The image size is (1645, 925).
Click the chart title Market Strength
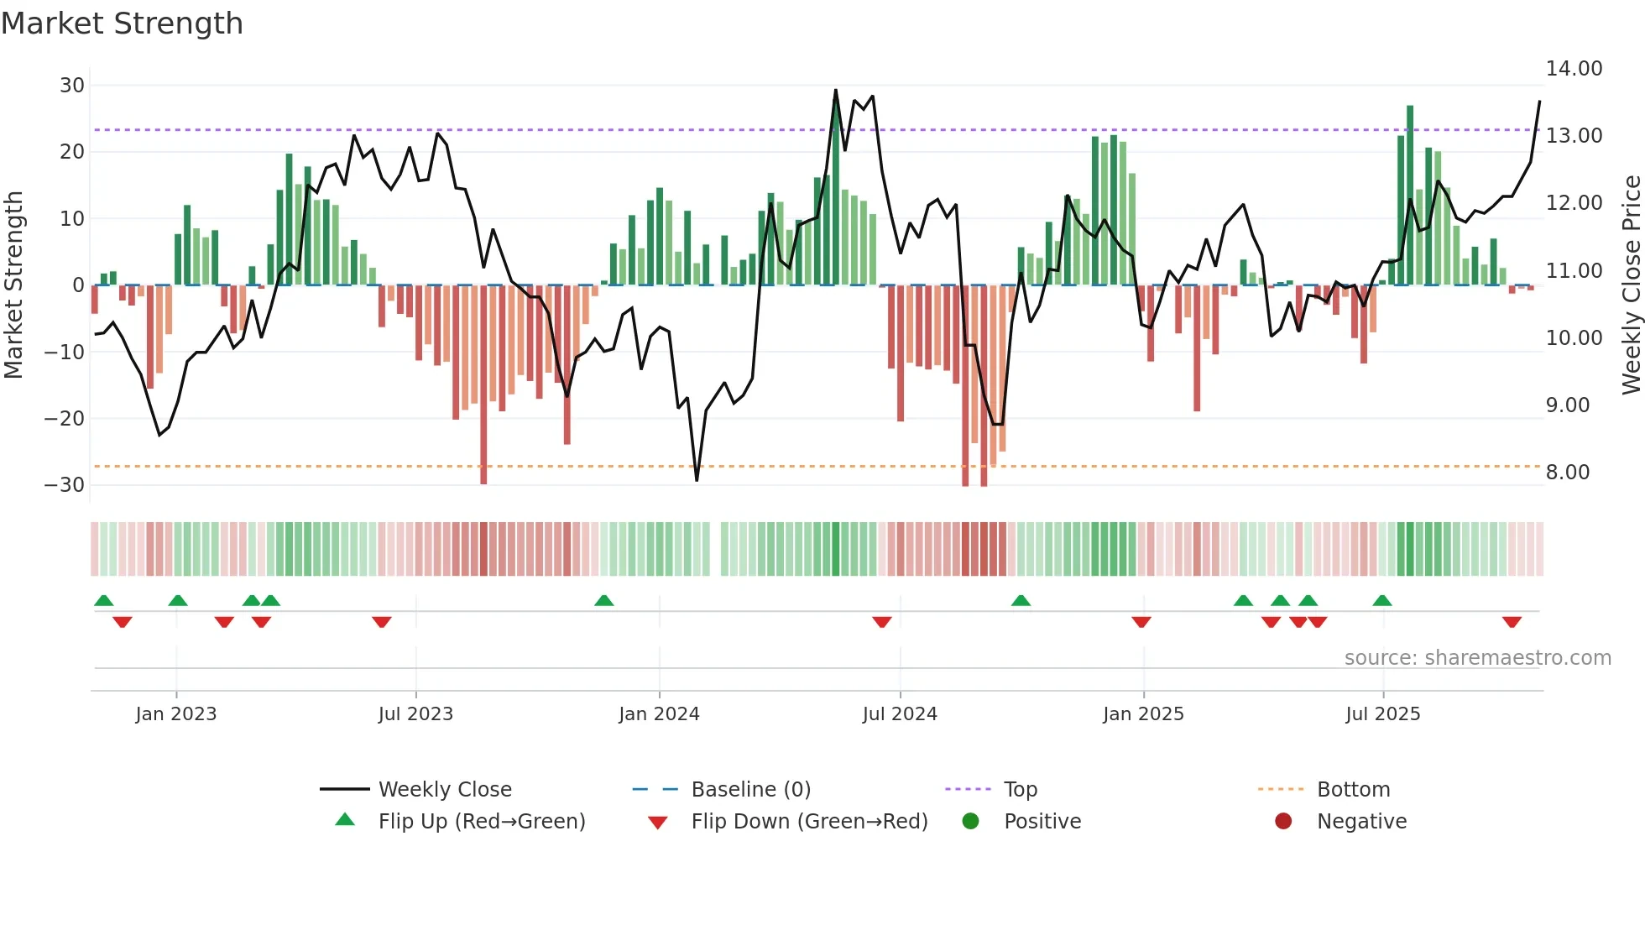pyautogui.click(x=122, y=24)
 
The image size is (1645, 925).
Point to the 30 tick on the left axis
pyautogui.click(x=72, y=86)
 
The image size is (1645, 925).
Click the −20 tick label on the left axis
pyautogui.click(x=65, y=418)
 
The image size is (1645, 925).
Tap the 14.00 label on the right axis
pyautogui.click(x=1574, y=69)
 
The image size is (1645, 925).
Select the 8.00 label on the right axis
pyautogui.click(x=1567, y=473)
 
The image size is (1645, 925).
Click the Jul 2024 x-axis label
pyautogui.click(x=899, y=714)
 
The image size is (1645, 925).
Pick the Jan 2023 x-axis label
pyautogui.click(x=175, y=714)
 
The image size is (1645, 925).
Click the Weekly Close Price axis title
pyautogui.click(x=1631, y=285)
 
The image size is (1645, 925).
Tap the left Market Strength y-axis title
pyautogui.click(x=14, y=285)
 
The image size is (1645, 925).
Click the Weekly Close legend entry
pyautogui.click(x=444, y=790)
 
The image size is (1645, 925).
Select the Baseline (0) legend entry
pyautogui.click(x=750, y=790)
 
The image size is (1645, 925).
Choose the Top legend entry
pyautogui.click(x=1020, y=790)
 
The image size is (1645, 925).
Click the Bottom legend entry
pyautogui.click(x=1353, y=790)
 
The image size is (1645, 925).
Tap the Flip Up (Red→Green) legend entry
pyautogui.click(x=481, y=822)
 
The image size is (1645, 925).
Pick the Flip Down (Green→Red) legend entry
pyautogui.click(x=809, y=822)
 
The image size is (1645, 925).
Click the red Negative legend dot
pyautogui.click(x=1282, y=821)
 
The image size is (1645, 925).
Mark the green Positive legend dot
pyautogui.click(x=970, y=821)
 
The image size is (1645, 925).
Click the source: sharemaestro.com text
pyautogui.click(x=1477, y=658)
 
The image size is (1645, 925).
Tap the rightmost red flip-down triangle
pyautogui.click(x=1512, y=622)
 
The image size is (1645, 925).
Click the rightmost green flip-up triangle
pyautogui.click(x=1381, y=600)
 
